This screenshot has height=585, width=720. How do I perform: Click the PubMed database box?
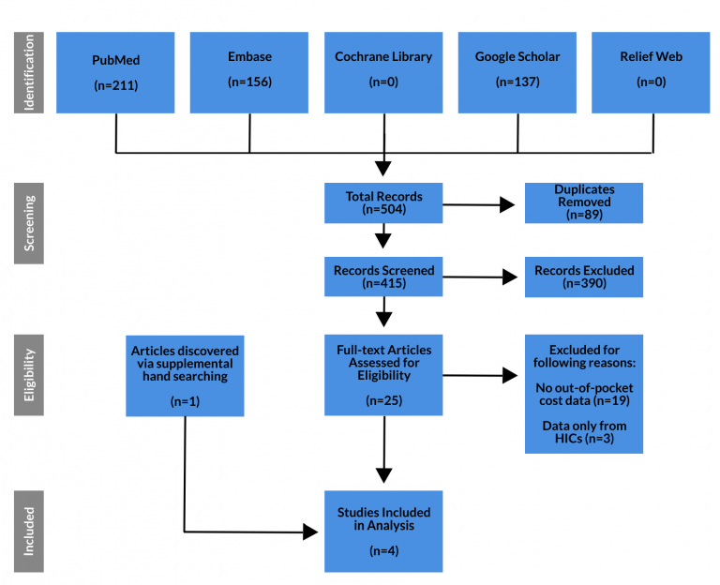[115, 72]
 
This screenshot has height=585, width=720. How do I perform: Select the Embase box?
[249, 72]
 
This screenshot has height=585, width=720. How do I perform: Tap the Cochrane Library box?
[383, 72]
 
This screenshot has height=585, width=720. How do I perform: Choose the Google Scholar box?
[517, 72]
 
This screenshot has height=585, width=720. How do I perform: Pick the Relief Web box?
[651, 72]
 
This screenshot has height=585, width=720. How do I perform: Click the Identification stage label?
[29, 72]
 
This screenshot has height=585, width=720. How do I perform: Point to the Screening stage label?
[29, 223]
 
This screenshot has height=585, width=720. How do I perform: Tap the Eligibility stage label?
[29, 375]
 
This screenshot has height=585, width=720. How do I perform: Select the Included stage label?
[29, 532]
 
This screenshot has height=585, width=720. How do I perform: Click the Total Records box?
[383, 202]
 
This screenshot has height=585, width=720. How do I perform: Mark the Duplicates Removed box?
[584, 202]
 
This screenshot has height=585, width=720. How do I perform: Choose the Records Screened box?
[383, 277]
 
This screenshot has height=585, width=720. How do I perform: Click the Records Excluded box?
[584, 277]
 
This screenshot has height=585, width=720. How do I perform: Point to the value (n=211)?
[115, 85]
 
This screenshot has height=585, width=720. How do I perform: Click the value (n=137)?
[517, 82]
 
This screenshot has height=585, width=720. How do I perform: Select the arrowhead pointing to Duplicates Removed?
[507, 204]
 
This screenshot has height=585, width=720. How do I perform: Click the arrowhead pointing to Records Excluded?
[510, 277]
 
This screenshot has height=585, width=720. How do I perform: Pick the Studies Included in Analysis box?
[383, 532]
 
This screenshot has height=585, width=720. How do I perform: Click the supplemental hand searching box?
[185, 376]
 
